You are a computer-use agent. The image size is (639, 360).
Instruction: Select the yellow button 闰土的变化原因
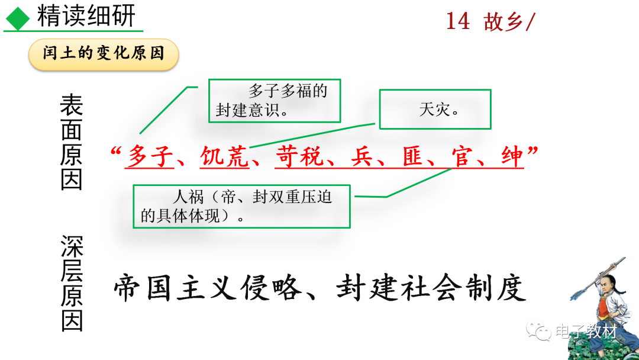tap(104, 54)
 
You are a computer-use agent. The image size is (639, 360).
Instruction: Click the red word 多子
tap(149, 157)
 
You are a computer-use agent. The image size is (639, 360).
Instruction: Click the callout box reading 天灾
tap(435, 109)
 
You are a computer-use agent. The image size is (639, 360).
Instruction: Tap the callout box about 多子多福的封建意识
tap(275, 101)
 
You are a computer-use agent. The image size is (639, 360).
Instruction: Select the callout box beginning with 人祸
tap(241, 206)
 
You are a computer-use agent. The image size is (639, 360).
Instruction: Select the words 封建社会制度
tap(431, 288)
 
